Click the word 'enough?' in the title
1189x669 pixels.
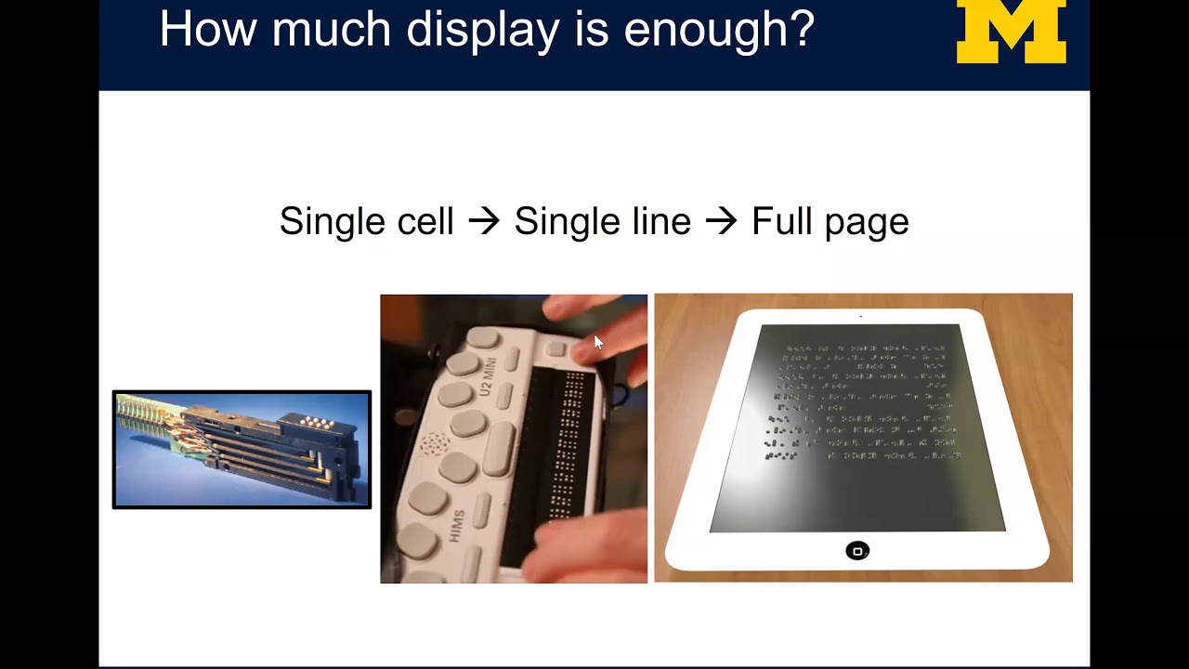coord(719,30)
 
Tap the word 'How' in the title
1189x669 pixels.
coord(206,30)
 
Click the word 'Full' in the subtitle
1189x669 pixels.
coord(777,221)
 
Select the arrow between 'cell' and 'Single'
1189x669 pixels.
coord(484,222)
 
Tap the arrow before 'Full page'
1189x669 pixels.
coord(721,222)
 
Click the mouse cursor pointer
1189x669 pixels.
coord(598,342)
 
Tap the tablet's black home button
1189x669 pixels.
coord(857,551)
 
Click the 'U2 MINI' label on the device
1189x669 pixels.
coord(489,375)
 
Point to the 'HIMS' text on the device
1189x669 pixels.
coord(457,526)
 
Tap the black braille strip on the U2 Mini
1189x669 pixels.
coord(563,446)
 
